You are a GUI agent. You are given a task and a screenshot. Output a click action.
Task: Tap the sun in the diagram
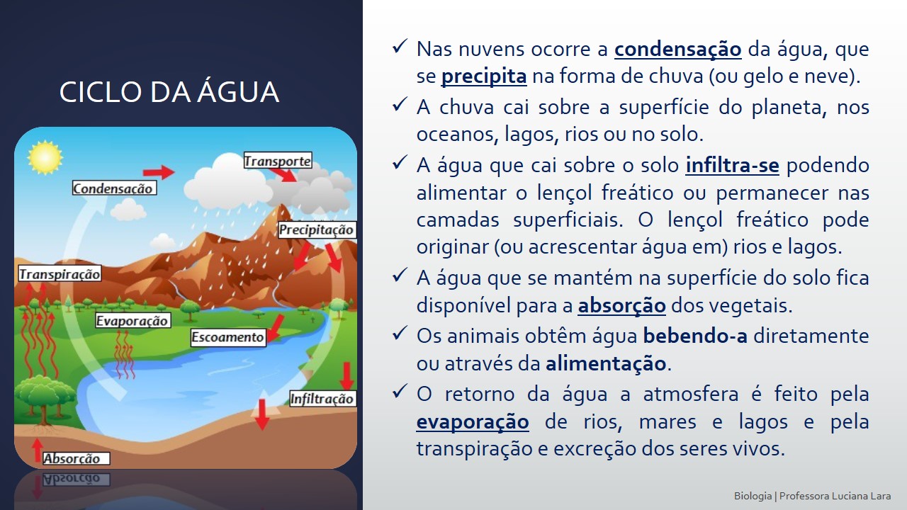pos(45,157)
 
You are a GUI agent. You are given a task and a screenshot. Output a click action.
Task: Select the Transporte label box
pos(278,161)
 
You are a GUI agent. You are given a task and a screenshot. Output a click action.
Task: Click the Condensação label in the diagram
pos(114,188)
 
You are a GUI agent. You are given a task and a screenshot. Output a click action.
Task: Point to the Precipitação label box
pos(317,230)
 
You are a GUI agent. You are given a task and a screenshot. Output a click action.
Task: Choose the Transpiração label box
pos(60,274)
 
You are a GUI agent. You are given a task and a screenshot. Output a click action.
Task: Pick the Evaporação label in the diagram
pos(133,321)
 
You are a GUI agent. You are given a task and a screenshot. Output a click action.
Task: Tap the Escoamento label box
pos(228,337)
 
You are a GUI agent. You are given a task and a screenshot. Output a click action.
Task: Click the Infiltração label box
pos(322,399)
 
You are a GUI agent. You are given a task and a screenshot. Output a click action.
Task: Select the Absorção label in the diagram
pos(76,458)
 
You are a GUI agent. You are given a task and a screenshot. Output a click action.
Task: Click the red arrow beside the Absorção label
pos(38,450)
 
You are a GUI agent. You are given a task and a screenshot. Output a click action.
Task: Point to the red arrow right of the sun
pos(159,172)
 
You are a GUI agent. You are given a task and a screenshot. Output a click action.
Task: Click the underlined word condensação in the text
pos(678,50)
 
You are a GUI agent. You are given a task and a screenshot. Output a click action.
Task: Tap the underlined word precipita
pos(484,76)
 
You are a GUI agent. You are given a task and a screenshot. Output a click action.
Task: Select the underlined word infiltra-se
pos(732,166)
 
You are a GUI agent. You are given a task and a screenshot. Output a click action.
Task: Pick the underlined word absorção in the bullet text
pos(621,305)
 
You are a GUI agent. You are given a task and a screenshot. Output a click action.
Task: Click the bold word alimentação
pos(606,363)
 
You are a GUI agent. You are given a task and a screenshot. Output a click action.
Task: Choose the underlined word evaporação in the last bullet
pos(473,421)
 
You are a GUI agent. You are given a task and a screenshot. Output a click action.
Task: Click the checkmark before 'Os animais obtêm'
pos(400,334)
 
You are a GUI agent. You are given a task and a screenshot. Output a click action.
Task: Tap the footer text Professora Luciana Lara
pos(835,496)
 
